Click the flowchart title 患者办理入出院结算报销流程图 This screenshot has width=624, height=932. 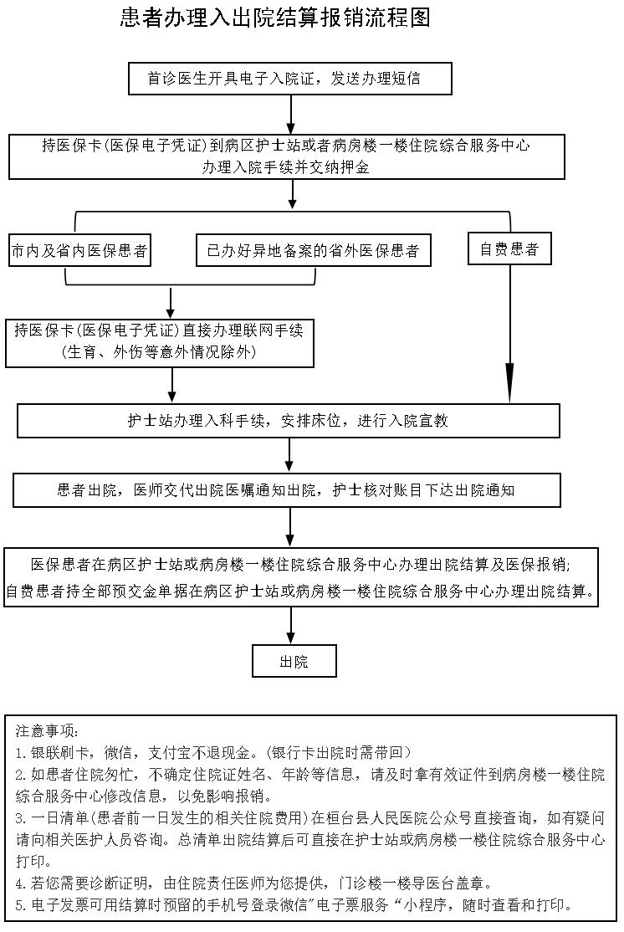point(275,18)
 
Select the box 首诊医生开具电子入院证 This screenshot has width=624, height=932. point(289,79)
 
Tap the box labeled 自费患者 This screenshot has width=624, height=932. point(509,249)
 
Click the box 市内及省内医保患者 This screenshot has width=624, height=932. point(79,250)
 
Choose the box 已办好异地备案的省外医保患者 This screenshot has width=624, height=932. point(313,250)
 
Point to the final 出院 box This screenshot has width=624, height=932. point(294,661)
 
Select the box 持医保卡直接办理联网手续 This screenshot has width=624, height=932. point(160,341)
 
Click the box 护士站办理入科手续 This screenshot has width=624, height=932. point(288,421)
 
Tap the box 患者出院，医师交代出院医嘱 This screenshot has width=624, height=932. point(286,490)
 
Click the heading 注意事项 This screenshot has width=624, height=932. point(47,730)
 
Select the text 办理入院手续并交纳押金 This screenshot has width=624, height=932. point(285,166)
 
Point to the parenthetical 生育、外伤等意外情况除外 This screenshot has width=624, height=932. point(158,352)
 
